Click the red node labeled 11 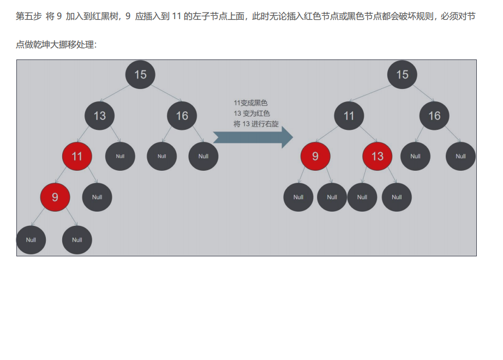[x=77, y=156]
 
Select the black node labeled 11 [x=349, y=116]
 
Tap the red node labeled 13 [x=378, y=157]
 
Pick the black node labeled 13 [x=99, y=116]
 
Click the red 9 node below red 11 [x=55, y=197]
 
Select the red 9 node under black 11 [x=315, y=157]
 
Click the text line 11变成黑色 [x=251, y=103]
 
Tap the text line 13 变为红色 [x=251, y=113]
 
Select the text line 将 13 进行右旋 [x=256, y=124]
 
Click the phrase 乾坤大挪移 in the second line [x=56, y=44]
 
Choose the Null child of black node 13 [x=120, y=157]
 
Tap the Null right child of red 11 [x=97, y=197]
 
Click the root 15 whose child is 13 [x=140, y=74]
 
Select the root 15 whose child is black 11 [x=402, y=74]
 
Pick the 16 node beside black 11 [x=434, y=116]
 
